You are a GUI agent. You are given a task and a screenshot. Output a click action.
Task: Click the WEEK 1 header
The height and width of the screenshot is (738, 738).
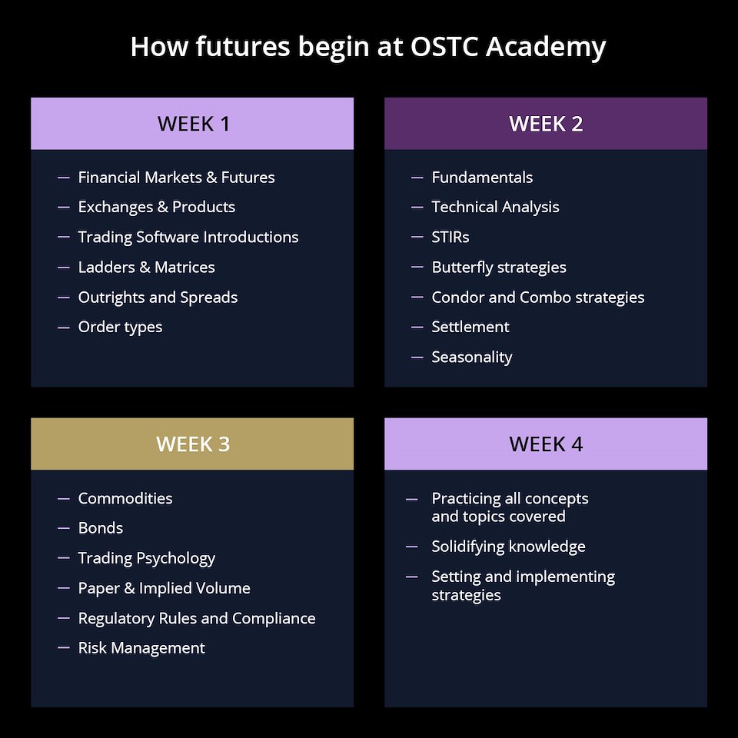pyautogui.click(x=192, y=124)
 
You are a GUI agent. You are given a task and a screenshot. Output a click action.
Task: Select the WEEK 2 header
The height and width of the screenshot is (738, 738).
pyautogui.click(x=546, y=124)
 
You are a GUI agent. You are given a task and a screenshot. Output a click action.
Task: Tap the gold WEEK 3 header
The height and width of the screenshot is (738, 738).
pyautogui.click(x=192, y=444)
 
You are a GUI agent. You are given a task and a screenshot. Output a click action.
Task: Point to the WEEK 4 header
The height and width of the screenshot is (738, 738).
pyautogui.click(x=546, y=444)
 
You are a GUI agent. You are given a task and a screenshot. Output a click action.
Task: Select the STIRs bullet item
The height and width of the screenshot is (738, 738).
pyautogui.click(x=450, y=238)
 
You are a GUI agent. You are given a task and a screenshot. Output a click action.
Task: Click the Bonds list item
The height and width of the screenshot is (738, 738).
pyautogui.click(x=100, y=528)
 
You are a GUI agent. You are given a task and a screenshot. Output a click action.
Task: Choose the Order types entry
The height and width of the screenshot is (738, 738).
pyautogui.click(x=120, y=327)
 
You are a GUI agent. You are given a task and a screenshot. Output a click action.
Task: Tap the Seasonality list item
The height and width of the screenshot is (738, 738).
pyautogui.click(x=471, y=357)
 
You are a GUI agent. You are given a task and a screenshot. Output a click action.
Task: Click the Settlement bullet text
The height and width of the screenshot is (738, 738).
pyautogui.click(x=470, y=327)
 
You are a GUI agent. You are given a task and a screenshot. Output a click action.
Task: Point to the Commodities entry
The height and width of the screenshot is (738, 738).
pyautogui.click(x=125, y=498)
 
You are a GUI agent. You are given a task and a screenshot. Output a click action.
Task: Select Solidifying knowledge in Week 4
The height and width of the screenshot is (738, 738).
pyautogui.click(x=508, y=547)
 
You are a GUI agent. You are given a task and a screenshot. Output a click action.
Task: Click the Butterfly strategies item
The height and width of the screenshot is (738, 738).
pyautogui.click(x=499, y=268)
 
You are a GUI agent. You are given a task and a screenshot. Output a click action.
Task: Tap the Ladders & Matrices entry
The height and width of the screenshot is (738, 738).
pyautogui.click(x=146, y=268)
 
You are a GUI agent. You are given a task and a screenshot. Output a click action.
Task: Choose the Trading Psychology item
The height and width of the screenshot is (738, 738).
pyautogui.click(x=146, y=559)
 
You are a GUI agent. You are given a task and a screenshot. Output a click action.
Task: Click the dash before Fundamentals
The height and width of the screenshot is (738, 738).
pyautogui.click(x=417, y=178)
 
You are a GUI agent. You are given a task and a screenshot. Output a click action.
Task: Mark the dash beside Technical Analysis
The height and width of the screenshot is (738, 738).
pyautogui.click(x=417, y=207)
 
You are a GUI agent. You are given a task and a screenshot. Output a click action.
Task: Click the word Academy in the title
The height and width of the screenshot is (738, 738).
pyautogui.click(x=546, y=48)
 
